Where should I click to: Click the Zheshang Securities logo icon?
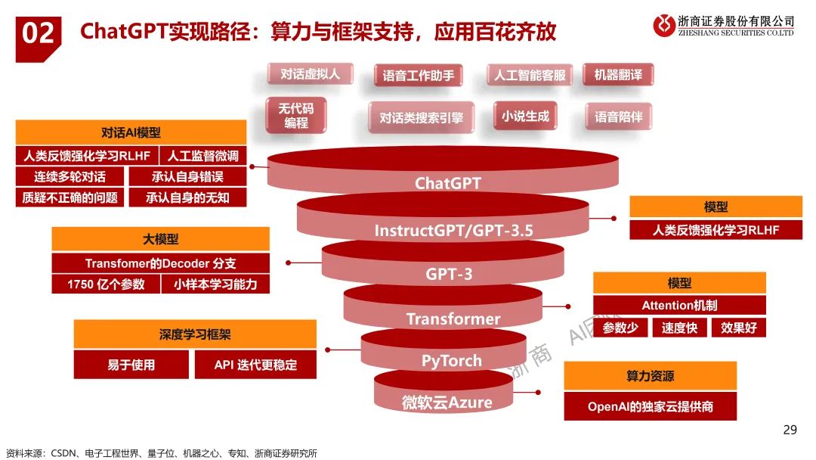(x=665, y=25)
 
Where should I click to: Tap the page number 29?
(x=790, y=430)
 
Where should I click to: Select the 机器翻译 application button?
(x=617, y=75)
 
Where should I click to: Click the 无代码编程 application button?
(x=295, y=116)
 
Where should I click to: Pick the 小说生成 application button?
(x=525, y=116)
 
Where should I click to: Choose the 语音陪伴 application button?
(x=617, y=117)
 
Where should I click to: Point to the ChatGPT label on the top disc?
(x=447, y=183)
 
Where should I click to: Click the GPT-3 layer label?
(x=449, y=274)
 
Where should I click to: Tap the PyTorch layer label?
(x=451, y=360)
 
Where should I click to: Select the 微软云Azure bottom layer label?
(x=447, y=401)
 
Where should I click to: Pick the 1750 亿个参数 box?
(x=106, y=284)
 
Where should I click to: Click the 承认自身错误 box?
(x=187, y=176)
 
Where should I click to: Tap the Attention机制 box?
(x=678, y=306)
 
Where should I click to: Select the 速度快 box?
(x=678, y=328)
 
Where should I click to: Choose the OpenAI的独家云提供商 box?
(x=650, y=406)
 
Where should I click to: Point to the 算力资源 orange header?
(x=650, y=376)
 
